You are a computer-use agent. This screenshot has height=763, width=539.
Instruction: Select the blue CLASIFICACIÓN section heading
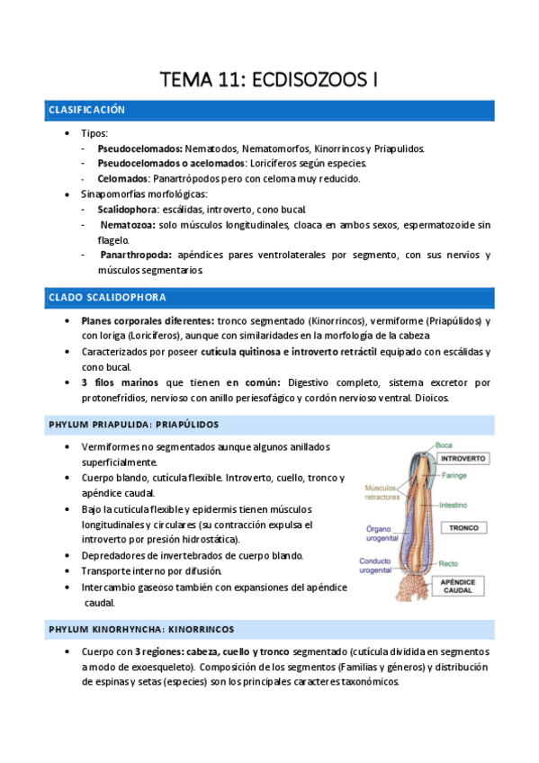[x=86, y=111]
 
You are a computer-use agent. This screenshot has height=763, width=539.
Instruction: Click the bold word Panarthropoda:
[x=138, y=256]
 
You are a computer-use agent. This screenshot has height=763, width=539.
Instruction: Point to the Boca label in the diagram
[x=443, y=444]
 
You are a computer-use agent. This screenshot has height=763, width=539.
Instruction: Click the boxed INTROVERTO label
[x=463, y=458]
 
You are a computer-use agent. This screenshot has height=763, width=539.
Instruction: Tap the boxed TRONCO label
[x=463, y=528]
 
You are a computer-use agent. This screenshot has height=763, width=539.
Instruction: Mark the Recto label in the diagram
[x=447, y=564]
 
